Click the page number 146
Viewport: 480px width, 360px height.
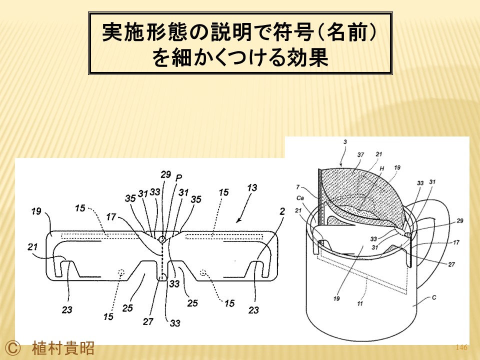click(461, 347)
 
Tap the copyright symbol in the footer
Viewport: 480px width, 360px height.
click(12, 348)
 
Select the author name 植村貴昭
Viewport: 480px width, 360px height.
click(63, 348)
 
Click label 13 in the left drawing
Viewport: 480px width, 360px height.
click(252, 187)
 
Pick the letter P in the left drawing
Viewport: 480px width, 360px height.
click(179, 177)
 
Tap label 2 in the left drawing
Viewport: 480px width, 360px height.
click(282, 211)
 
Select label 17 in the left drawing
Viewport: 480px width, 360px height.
click(111, 217)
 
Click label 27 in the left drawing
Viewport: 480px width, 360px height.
click(148, 321)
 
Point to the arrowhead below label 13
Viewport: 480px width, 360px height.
click(238, 220)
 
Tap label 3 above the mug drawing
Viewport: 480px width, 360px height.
click(345, 142)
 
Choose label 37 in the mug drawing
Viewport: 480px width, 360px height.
click(360, 155)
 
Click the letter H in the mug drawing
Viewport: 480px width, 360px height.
click(381, 168)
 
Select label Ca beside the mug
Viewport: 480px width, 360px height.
click(300, 198)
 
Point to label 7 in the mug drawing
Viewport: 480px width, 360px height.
click(297, 187)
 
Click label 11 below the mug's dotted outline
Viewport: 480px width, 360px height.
click(360, 303)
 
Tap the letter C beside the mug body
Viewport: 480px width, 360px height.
click(434, 297)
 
